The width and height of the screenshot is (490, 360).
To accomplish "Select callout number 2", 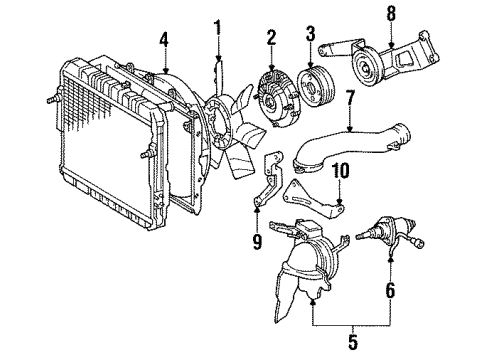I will pyautogui.click(x=270, y=38).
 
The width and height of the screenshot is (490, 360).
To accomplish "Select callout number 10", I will pyautogui.click(x=340, y=173).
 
